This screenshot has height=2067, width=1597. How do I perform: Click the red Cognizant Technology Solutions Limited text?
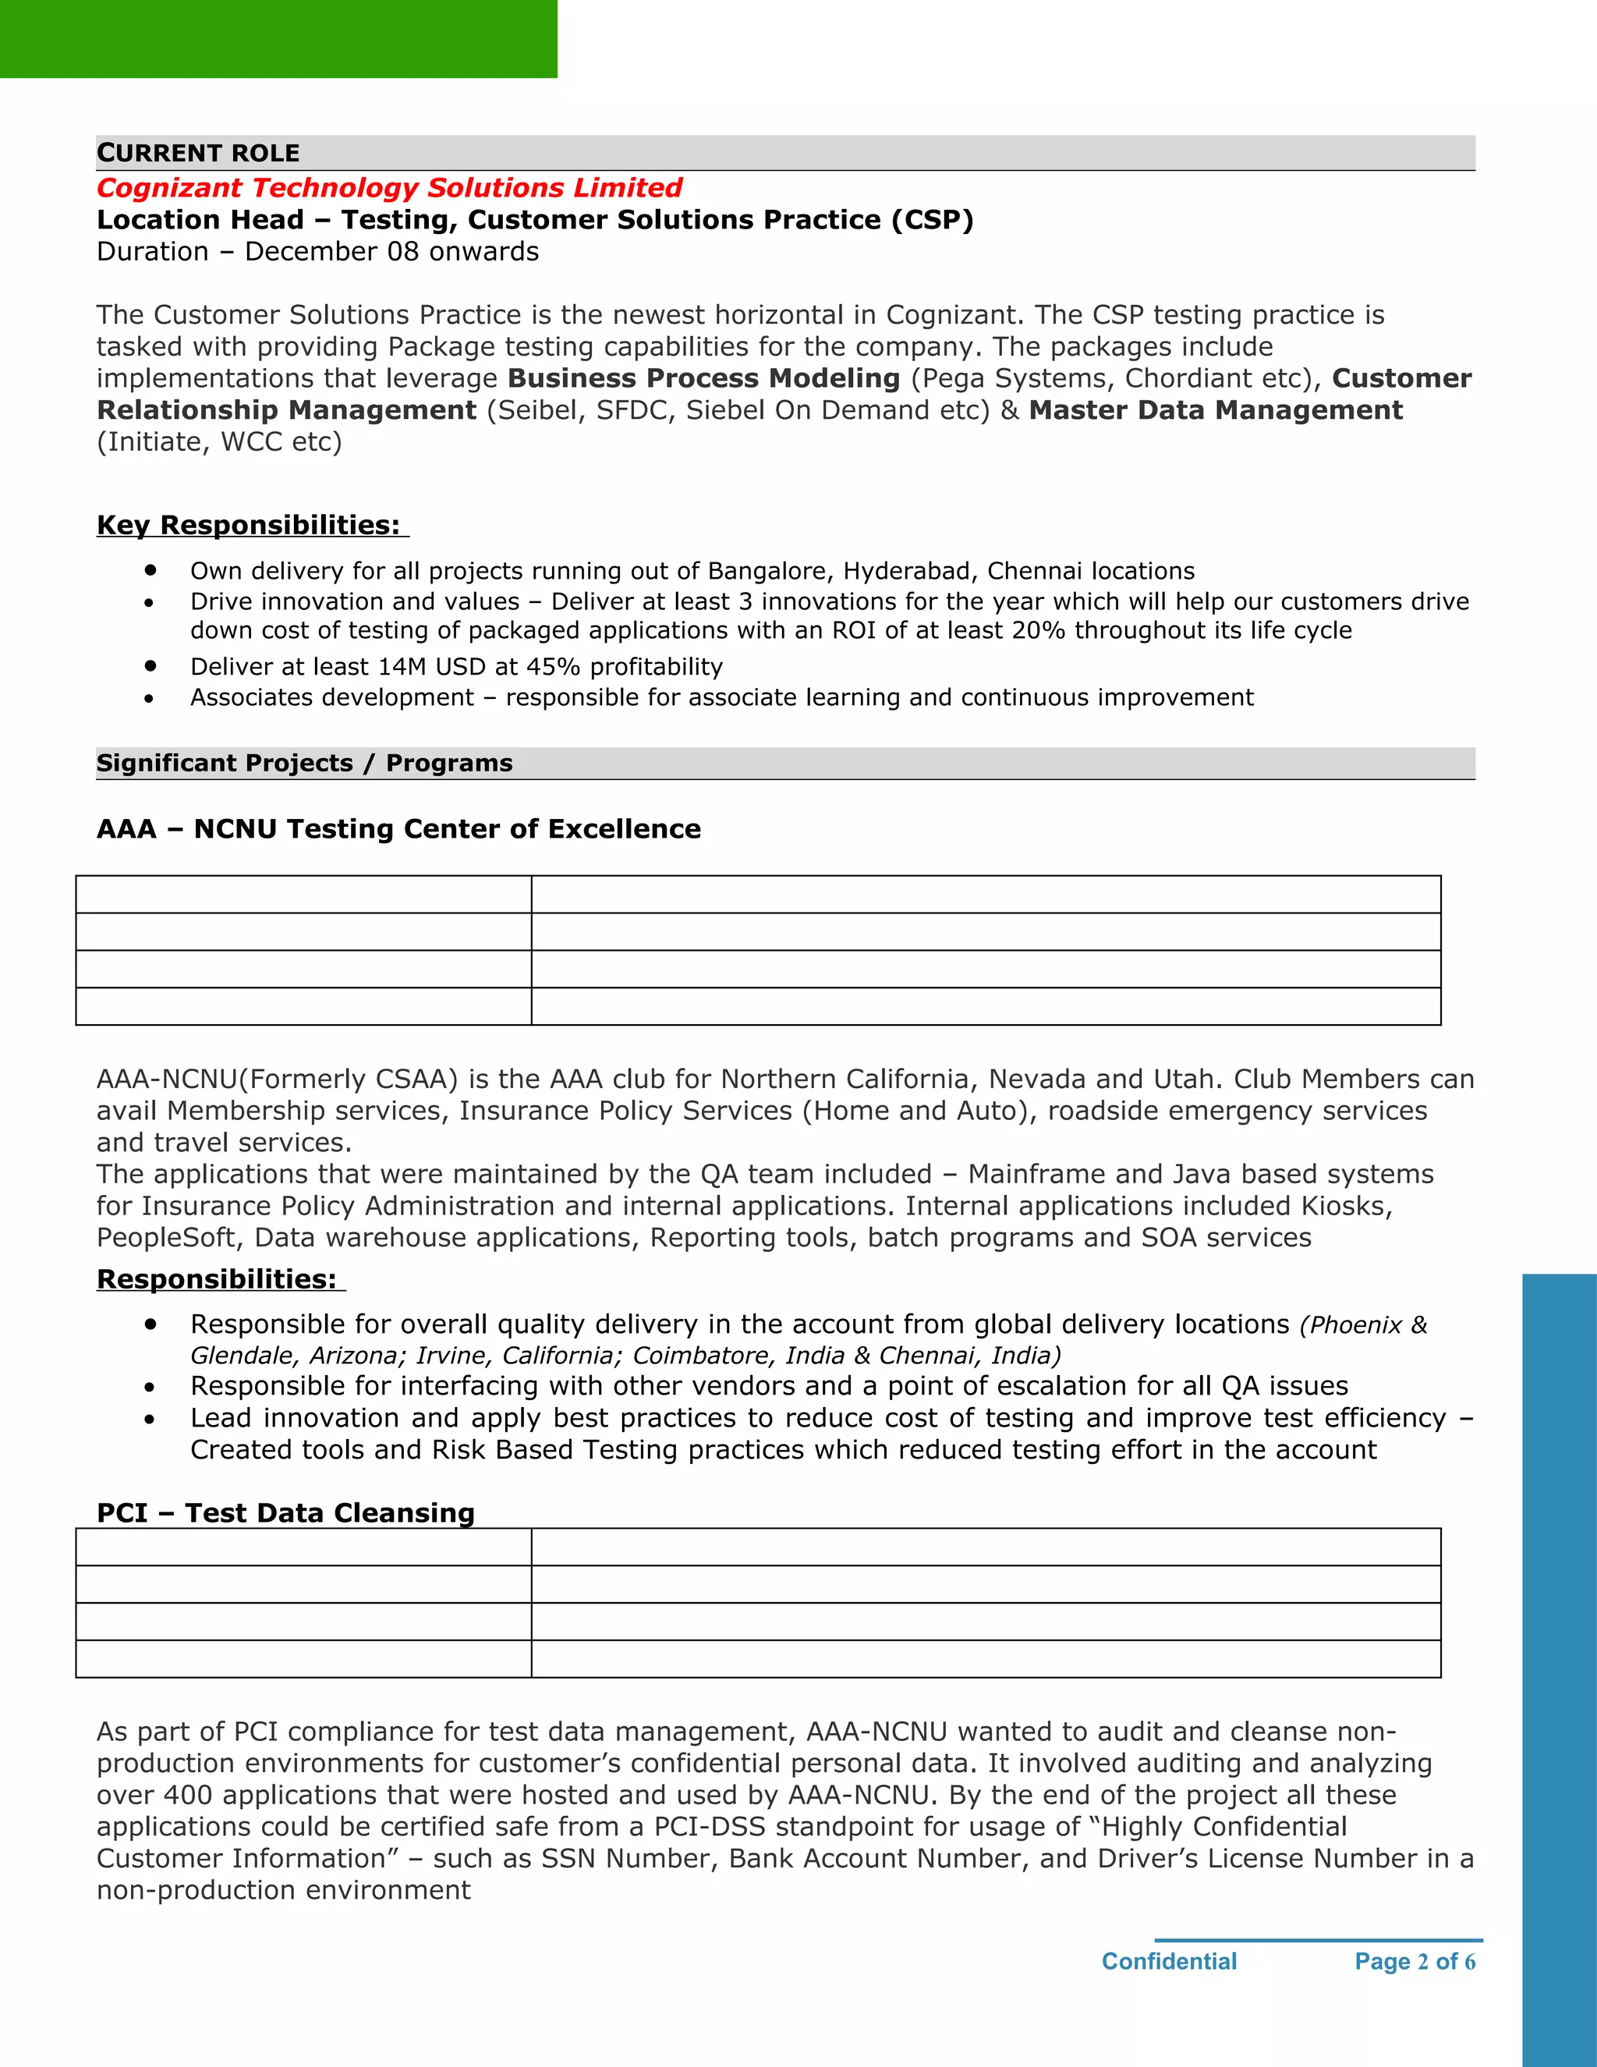pos(389,187)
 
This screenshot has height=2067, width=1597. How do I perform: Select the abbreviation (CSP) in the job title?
pos(932,220)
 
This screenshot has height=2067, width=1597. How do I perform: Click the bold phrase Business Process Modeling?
pos(703,378)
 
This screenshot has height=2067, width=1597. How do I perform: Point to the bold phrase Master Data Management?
pos(1215,411)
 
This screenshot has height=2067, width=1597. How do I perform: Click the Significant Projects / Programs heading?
pos(303,763)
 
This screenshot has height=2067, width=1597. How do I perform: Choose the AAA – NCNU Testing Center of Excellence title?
pos(398,829)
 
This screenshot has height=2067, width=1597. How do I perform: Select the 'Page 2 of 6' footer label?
pos(1415,1962)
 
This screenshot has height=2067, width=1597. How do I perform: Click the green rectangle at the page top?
pos(278,38)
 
